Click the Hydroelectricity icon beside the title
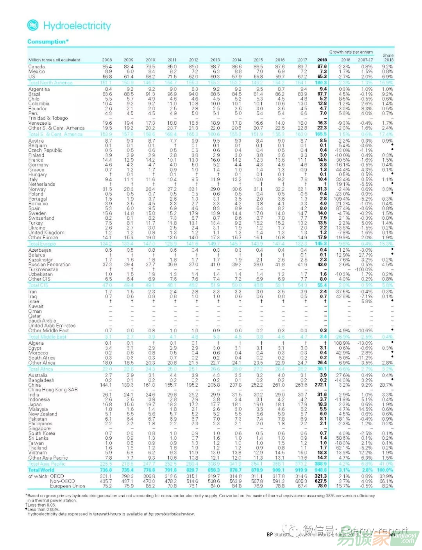pyautogui.click(x=33, y=25)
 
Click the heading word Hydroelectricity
pyautogui.click(x=77, y=26)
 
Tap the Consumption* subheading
pyautogui.click(x=48, y=41)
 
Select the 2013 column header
pyautogui.click(x=215, y=60)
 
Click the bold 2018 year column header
pyautogui.click(x=322, y=60)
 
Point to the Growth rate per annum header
pyautogui.click(x=351, y=52)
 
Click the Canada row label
pyautogui.click(x=37, y=67)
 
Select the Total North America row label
pyautogui.click(x=50, y=82)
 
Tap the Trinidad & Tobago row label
pyautogui.click(x=48, y=118)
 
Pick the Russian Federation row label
pyautogui.click(x=50, y=265)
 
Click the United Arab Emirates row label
pyautogui.click(x=52, y=326)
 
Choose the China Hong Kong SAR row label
pyautogui.click(x=53, y=390)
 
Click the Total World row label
pyautogui.click(x=41, y=470)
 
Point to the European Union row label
pyautogui.click(x=67, y=486)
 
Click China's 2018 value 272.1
pyautogui.click(x=321, y=385)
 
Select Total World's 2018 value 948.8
pyautogui.click(x=321, y=470)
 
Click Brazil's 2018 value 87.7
pyautogui.click(x=322, y=94)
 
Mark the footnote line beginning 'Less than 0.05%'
pyautogui.click(x=43, y=509)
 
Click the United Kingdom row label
pyautogui.click(x=46, y=233)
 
